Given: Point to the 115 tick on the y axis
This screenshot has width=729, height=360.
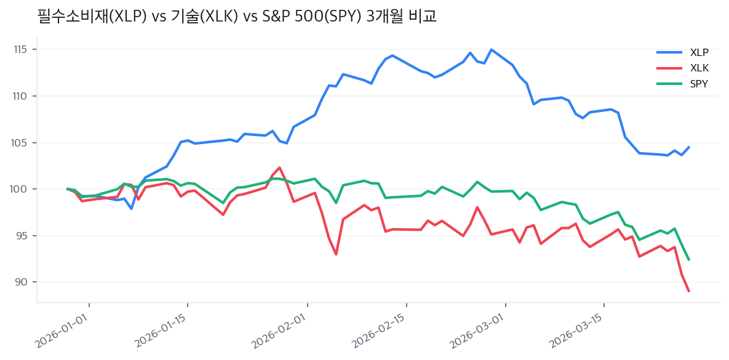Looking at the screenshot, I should click(23, 49).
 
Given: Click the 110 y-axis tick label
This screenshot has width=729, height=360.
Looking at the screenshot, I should click(23, 96).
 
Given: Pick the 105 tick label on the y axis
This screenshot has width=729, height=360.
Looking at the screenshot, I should click(23, 143).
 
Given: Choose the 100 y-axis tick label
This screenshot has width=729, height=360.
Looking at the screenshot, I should click(23, 189).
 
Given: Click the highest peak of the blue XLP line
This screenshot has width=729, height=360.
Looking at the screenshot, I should click(491, 49).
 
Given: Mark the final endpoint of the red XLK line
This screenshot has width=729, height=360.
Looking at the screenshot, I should click(688, 291).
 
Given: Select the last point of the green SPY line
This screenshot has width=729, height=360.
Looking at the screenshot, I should click(688, 260).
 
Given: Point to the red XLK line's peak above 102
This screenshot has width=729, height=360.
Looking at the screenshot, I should click(280, 167).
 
